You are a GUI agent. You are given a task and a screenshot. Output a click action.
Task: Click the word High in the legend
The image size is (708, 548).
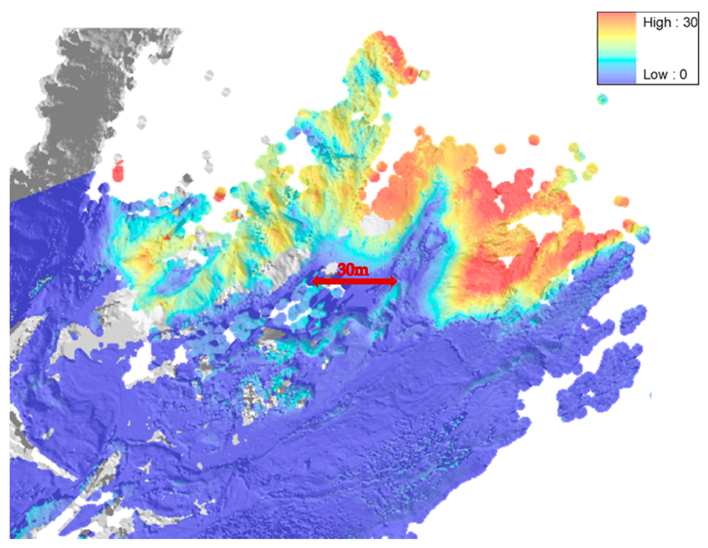657,22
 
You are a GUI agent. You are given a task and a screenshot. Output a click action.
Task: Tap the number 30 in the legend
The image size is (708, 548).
690,22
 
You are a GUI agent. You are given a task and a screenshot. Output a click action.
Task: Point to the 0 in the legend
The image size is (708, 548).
683,75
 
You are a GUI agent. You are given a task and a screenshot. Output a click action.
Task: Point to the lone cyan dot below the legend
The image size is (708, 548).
602,99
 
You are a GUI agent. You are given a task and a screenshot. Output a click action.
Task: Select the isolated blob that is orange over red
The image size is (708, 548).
220,194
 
